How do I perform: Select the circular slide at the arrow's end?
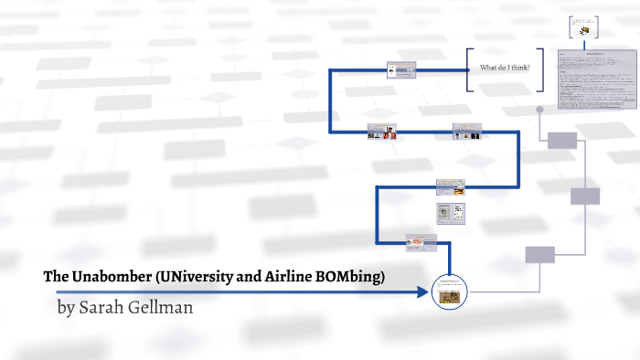(448, 291)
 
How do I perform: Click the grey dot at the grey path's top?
(539, 110)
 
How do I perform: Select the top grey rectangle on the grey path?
(562, 140)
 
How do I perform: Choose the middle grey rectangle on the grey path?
(584, 196)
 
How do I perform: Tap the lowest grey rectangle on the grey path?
(539, 255)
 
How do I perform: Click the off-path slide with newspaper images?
(451, 214)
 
